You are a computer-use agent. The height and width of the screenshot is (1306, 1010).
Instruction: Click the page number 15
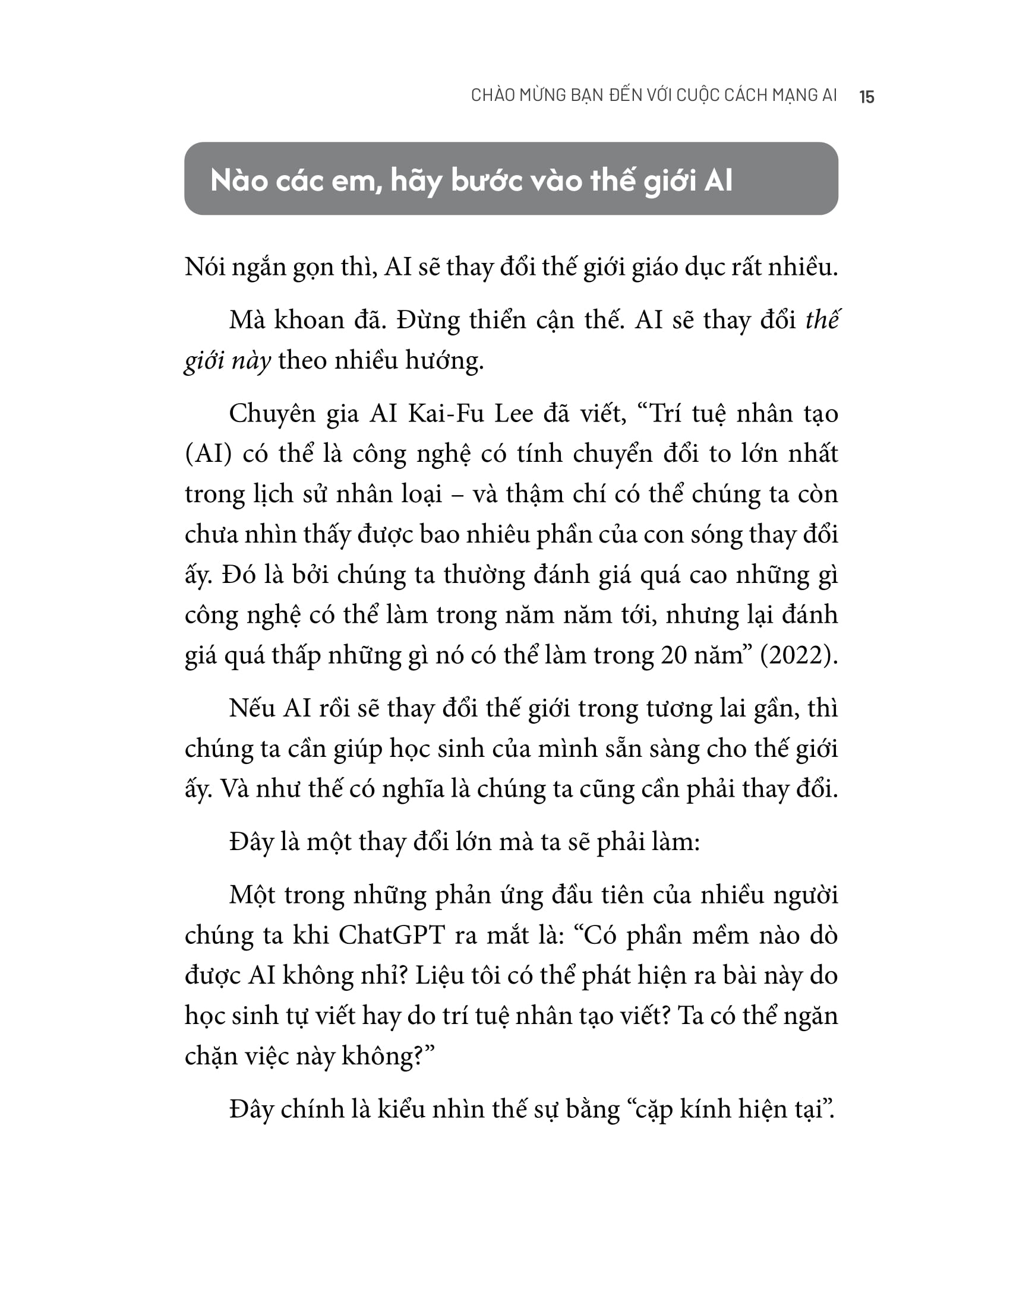(x=866, y=97)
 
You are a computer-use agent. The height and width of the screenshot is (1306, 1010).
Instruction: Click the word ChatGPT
(x=392, y=934)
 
